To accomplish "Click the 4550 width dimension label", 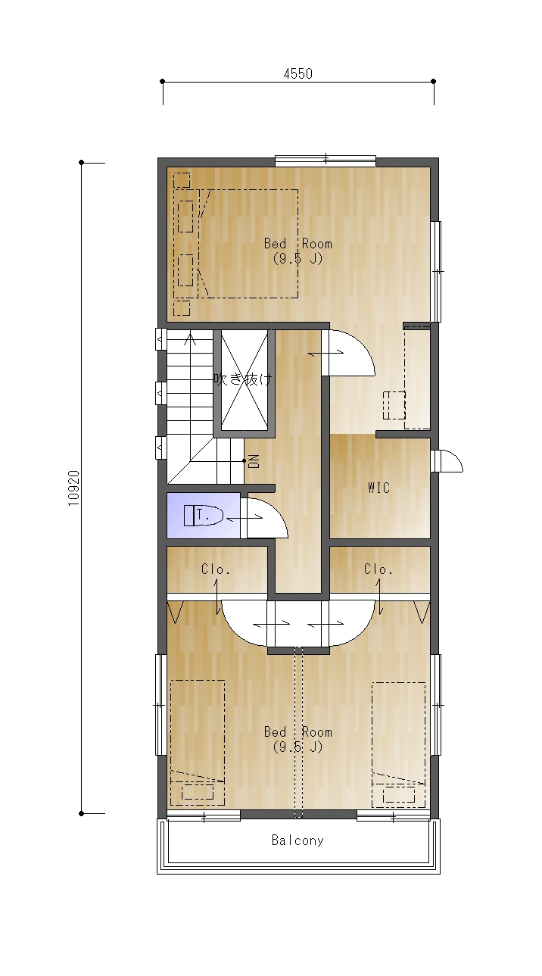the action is (298, 73).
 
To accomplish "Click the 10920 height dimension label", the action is (74, 488).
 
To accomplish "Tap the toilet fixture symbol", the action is (203, 516).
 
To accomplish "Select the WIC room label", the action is (378, 488).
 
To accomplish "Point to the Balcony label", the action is (297, 840).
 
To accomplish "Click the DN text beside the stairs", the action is (254, 461).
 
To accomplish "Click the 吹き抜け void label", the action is (243, 379).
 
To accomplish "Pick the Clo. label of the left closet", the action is (216, 569).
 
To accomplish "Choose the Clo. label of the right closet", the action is (378, 569).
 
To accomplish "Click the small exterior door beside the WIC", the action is (447, 460).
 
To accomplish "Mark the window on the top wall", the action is (326, 161).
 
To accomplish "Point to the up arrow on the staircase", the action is (189, 340).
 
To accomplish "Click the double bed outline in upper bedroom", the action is (235, 244).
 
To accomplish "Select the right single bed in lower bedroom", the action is (399, 744).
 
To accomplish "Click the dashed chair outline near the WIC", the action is (394, 405).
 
